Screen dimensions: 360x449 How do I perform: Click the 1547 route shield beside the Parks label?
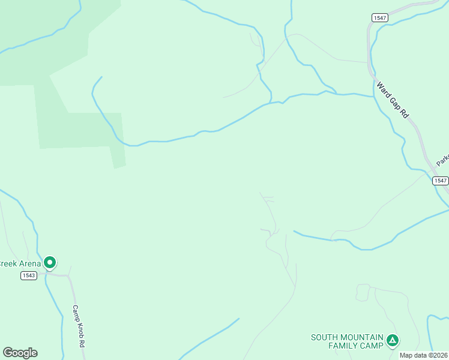coord(440,181)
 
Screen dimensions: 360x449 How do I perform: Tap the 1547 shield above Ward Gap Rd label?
coord(379,18)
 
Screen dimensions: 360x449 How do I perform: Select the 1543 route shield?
coord(28,275)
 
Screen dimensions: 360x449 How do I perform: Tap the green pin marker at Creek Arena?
coord(50,262)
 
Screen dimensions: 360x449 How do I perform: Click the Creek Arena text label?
coord(20,263)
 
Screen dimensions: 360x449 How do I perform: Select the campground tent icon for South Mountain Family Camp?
coord(392,341)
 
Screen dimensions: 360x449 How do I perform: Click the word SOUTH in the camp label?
coord(325,337)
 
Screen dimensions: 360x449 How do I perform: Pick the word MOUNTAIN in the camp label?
coord(362,337)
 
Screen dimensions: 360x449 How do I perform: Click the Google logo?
coord(20,353)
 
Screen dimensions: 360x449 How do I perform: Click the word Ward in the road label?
coord(382,89)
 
